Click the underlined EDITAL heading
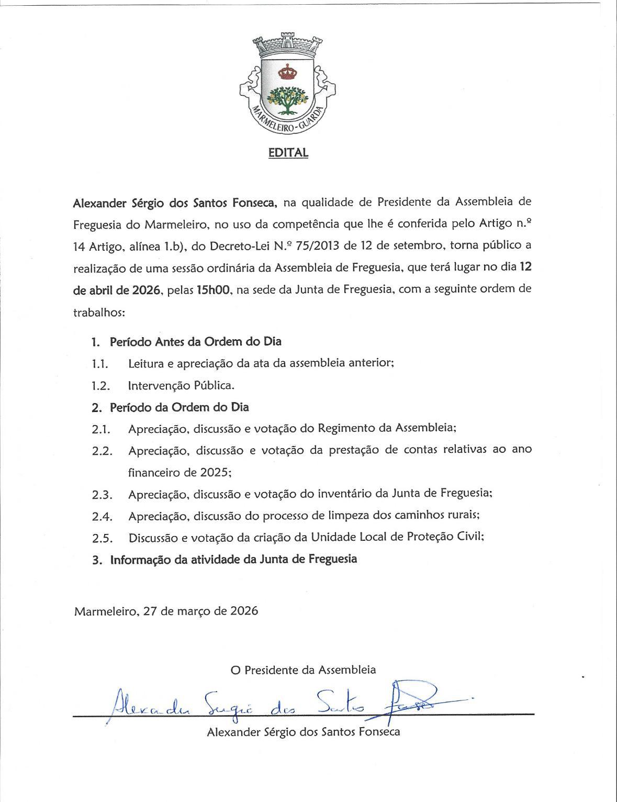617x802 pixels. point(288,152)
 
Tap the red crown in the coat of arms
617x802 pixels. point(287,71)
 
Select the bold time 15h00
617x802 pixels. point(214,289)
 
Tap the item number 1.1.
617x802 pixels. point(100,364)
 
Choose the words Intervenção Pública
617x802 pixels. point(181,386)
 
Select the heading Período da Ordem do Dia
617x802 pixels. point(179,407)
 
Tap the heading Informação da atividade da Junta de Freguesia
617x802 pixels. point(233,559)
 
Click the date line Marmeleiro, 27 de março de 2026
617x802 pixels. point(166,611)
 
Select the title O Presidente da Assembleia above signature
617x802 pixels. point(303,670)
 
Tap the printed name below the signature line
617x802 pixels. point(304,732)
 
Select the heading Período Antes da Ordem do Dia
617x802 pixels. point(195,342)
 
